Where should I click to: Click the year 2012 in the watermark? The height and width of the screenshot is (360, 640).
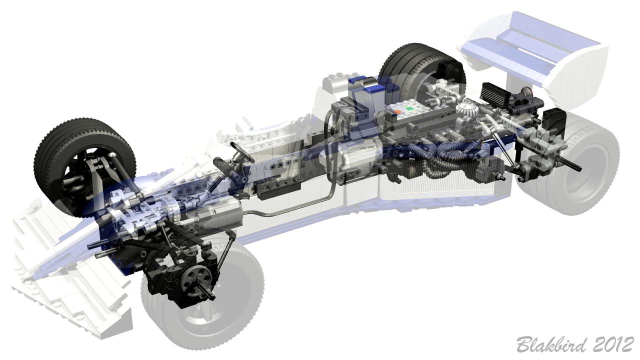pyautogui.click(x=614, y=344)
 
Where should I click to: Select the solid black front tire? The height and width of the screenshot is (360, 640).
pyautogui.click(x=84, y=165)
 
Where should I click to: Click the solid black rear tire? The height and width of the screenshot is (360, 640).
pyautogui.click(x=422, y=71)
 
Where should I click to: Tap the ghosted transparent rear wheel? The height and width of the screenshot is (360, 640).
pyautogui.click(x=568, y=163)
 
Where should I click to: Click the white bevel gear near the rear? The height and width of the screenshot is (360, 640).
pyautogui.click(x=465, y=108)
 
